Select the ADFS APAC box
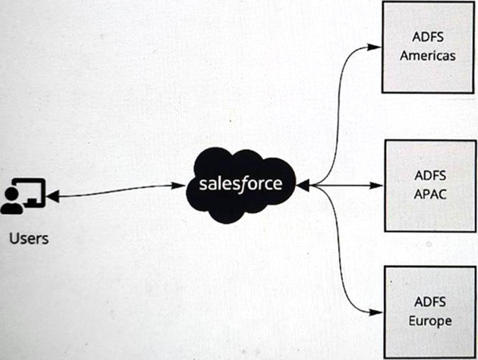430,185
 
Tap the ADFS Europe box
429,311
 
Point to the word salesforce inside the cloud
240,184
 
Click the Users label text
29,239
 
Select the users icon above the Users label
23,196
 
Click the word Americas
427,55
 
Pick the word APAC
430,194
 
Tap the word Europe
430,321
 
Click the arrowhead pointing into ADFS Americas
374,47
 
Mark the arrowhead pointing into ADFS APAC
376,185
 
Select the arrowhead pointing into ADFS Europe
376,312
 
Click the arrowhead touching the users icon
52,197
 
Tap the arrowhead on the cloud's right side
302,186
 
